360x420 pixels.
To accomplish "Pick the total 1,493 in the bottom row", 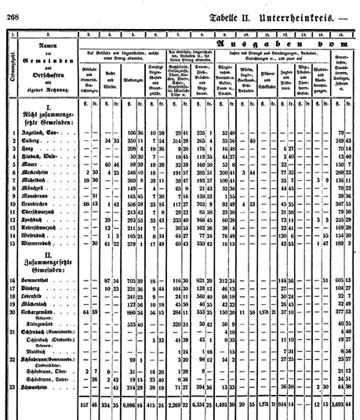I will (224, 405).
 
